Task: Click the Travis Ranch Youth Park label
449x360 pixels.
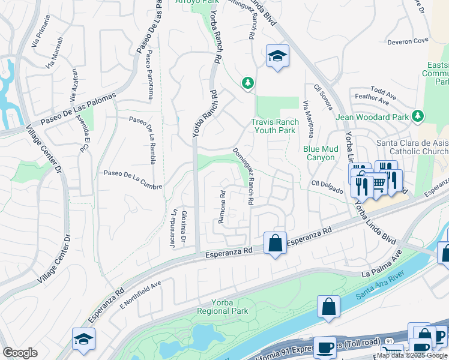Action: click(x=275, y=126)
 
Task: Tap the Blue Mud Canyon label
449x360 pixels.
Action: click(x=319, y=153)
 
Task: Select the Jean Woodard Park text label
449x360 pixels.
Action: click(x=372, y=117)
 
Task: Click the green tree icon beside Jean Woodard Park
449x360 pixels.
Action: click(x=419, y=116)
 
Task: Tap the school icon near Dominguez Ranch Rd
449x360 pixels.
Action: click(x=277, y=57)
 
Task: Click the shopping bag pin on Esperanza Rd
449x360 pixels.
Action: click(x=276, y=244)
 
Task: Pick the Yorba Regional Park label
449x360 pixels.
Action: click(x=223, y=307)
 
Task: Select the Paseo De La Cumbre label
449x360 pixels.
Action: click(x=133, y=180)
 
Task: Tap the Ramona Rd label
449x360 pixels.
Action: click(x=221, y=208)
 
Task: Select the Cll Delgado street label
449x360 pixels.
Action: click(x=327, y=186)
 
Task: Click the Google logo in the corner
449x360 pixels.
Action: click(x=20, y=352)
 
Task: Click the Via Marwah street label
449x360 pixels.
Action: click(x=55, y=53)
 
